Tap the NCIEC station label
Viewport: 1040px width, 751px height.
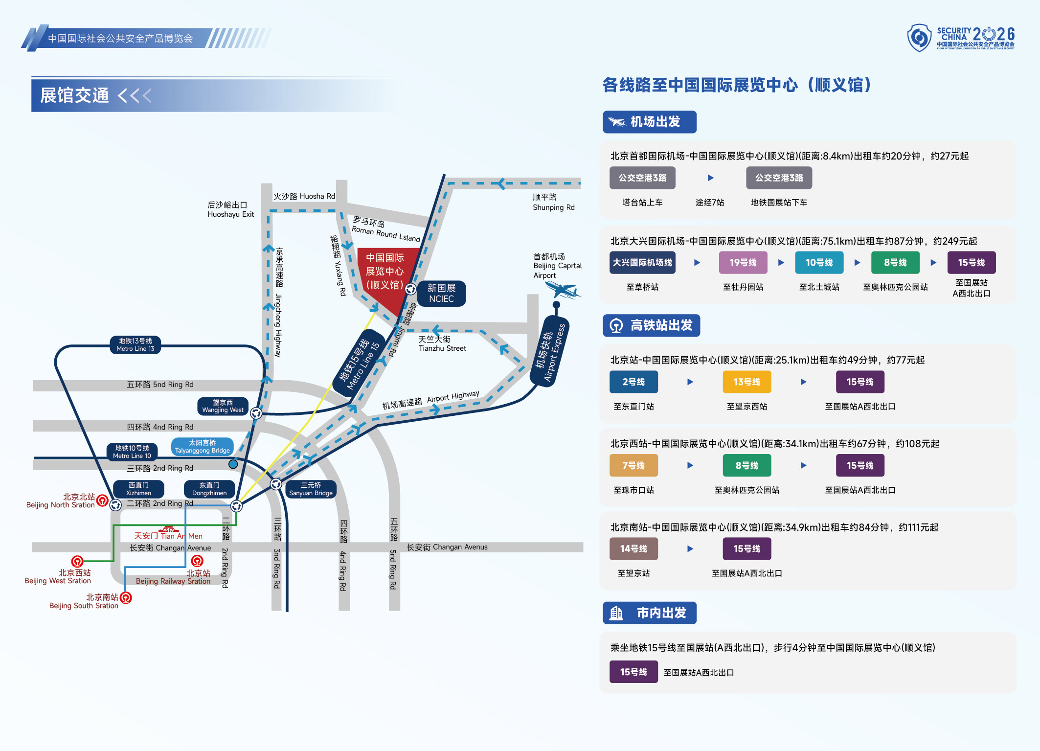tap(441, 294)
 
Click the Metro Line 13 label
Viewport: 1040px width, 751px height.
tap(136, 345)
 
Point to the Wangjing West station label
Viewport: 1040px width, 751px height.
tap(223, 406)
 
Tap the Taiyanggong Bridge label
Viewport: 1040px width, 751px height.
tap(202, 447)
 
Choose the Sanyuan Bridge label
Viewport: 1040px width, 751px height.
tap(311, 489)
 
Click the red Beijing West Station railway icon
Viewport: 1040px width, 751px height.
tap(77, 561)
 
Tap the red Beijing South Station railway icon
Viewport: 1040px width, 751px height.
tap(126, 597)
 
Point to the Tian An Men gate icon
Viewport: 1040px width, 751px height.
tap(169, 529)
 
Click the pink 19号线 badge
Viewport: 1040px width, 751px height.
tap(743, 263)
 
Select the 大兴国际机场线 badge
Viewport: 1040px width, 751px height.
tap(642, 263)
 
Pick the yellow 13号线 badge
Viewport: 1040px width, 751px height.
tap(746, 382)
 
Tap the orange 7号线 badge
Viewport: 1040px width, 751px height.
tap(633, 466)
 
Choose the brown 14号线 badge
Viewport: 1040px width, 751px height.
tap(633, 549)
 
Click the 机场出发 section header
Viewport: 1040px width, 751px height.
tap(649, 122)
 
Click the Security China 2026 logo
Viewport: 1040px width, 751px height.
tap(961, 38)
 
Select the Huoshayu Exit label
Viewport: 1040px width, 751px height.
tap(230, 209)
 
